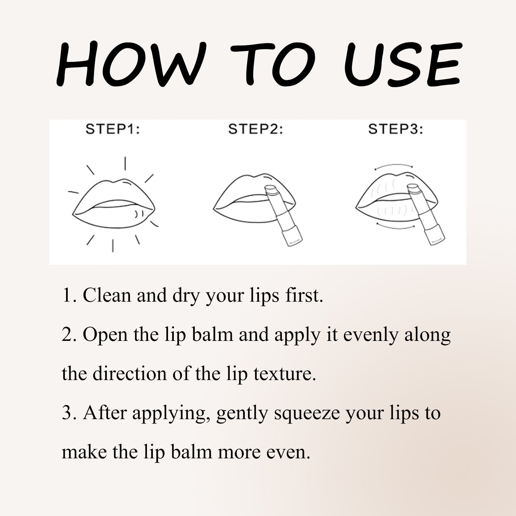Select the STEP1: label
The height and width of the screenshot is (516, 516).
(113, 130)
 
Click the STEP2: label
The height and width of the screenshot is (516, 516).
(255, 130)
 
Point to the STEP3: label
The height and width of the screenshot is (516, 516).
(395, 130)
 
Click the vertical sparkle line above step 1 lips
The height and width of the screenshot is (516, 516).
(125, 163)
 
